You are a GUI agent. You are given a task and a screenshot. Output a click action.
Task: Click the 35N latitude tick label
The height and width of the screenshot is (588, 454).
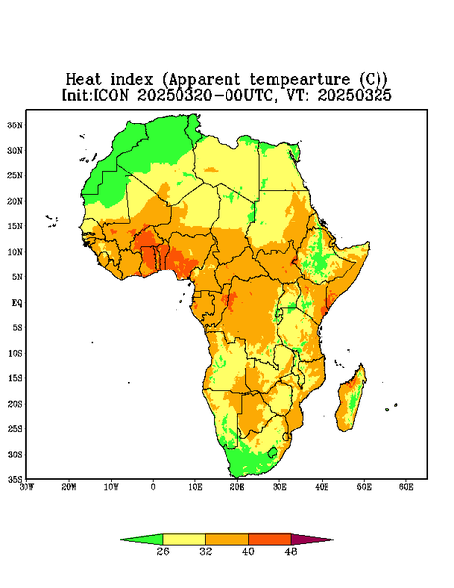click(15, 125)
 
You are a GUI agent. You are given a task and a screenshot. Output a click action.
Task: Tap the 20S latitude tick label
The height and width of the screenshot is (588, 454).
click(15, 404)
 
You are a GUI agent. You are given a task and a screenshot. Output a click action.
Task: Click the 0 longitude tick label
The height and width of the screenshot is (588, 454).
click(153, 487)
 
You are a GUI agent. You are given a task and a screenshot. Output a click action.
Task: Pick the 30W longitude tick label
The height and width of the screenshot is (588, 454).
click(27, 487)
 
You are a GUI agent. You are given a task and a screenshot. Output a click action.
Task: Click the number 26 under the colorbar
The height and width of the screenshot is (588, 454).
click(163, 551)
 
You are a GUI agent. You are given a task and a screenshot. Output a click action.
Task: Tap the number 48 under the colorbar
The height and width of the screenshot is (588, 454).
click(291, 551)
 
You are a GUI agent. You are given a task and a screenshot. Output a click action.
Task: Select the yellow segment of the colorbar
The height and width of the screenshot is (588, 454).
click(183, 540)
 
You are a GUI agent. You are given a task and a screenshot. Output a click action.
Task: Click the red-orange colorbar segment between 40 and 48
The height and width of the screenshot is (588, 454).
click(270, 540)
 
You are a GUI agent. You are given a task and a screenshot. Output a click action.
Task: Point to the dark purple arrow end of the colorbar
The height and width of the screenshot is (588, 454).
click(312, 540)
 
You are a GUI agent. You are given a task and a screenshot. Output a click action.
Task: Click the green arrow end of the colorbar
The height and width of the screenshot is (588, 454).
click(141, 540)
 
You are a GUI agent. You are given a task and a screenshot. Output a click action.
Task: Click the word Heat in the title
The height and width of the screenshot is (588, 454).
click(83, 80)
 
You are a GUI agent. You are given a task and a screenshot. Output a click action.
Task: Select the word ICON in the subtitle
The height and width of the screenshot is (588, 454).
click(111, 95)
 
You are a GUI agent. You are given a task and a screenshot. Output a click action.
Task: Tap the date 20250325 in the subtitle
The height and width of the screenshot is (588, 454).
click(355, 95)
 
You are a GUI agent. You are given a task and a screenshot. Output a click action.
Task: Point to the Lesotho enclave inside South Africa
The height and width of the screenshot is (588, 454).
click(273, 452)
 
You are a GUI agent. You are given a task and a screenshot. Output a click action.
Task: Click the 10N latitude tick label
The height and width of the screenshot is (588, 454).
click(15, 252)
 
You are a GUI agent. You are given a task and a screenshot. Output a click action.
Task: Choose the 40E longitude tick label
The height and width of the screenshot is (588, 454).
click(322, 487)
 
